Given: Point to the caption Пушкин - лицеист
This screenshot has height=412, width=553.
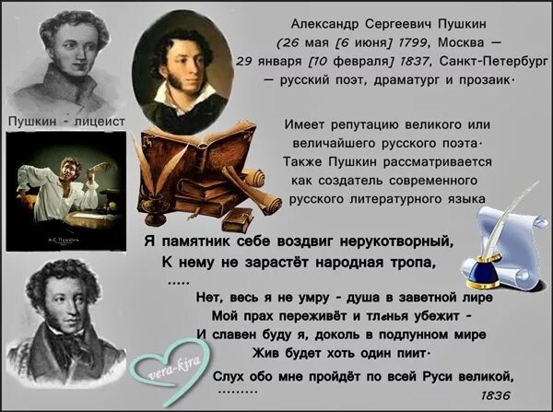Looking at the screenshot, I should pyautogui.click(x=61, y=122).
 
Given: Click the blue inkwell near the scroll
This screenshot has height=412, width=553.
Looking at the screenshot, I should pyautogui.click(x=489, y=269).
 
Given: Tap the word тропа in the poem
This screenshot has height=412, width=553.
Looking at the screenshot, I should pyautogui.click(x=412, y=263).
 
